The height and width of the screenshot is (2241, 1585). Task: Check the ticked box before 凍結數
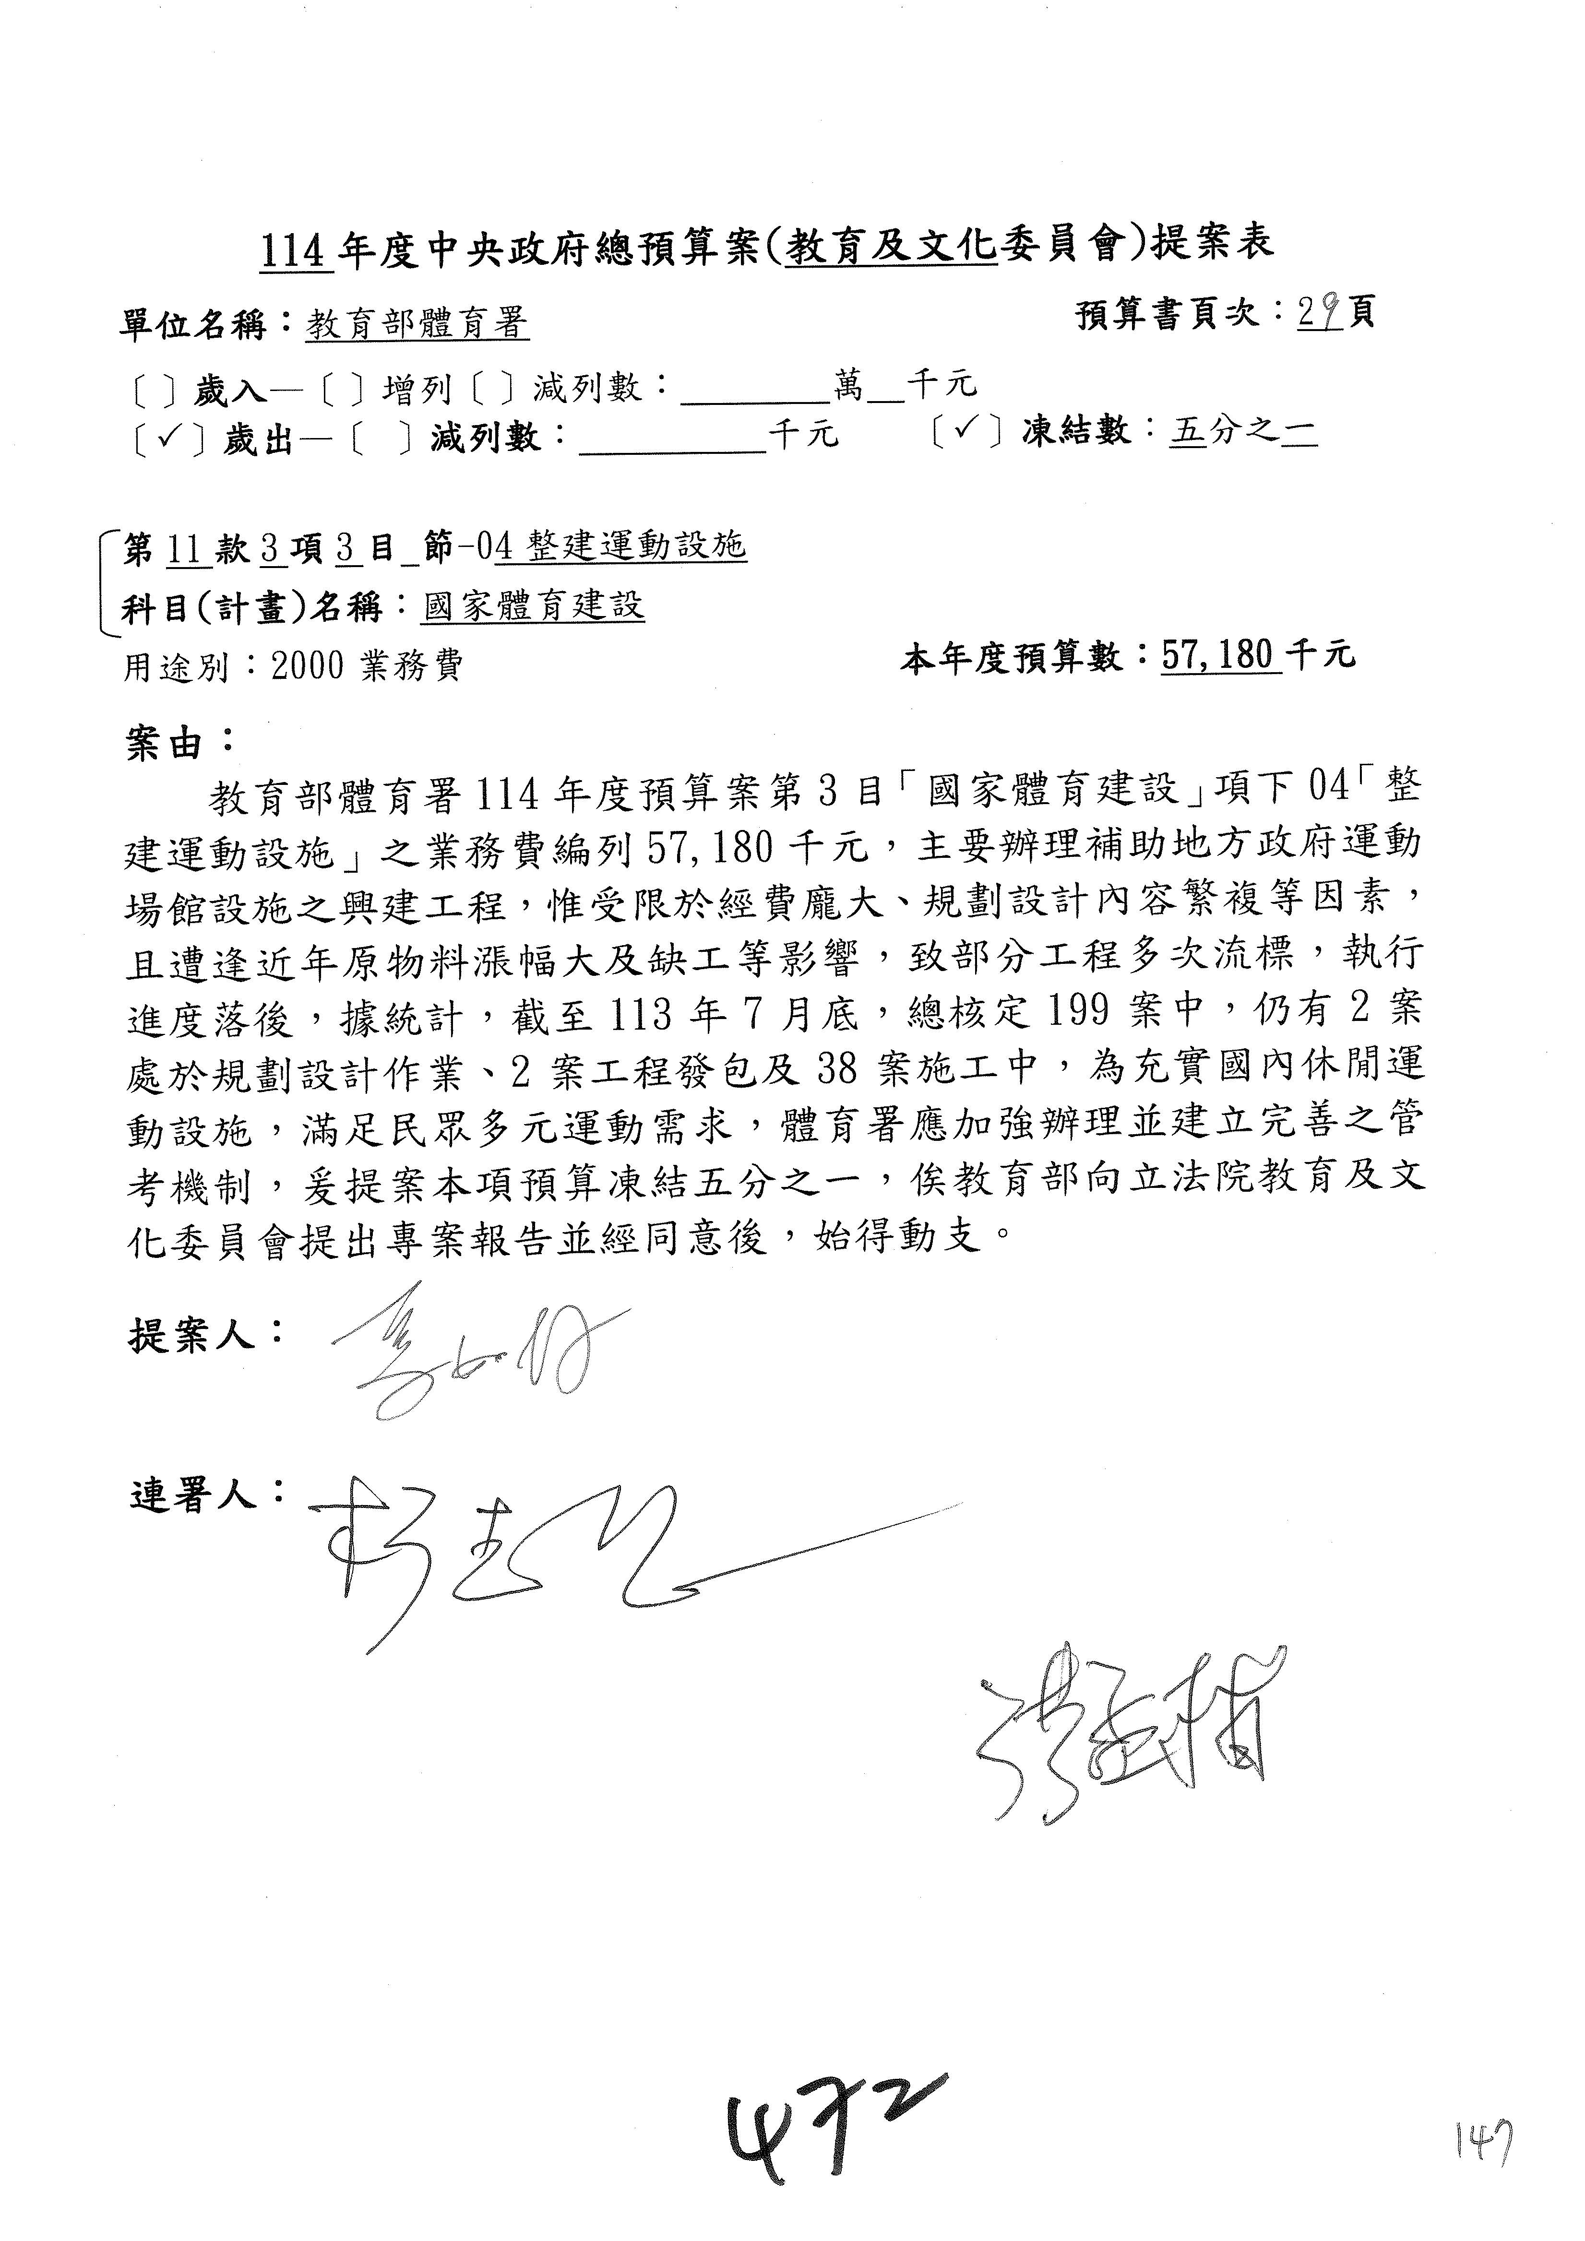coord(966,430)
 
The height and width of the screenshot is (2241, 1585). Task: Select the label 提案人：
coord(205,1333)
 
